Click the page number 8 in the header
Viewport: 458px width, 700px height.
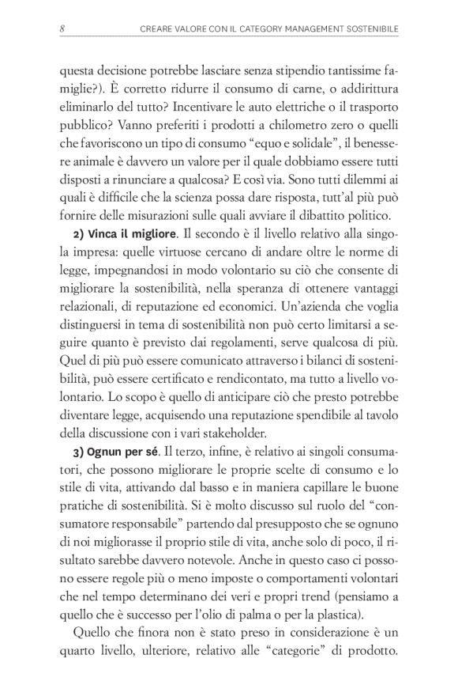(62, 30)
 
